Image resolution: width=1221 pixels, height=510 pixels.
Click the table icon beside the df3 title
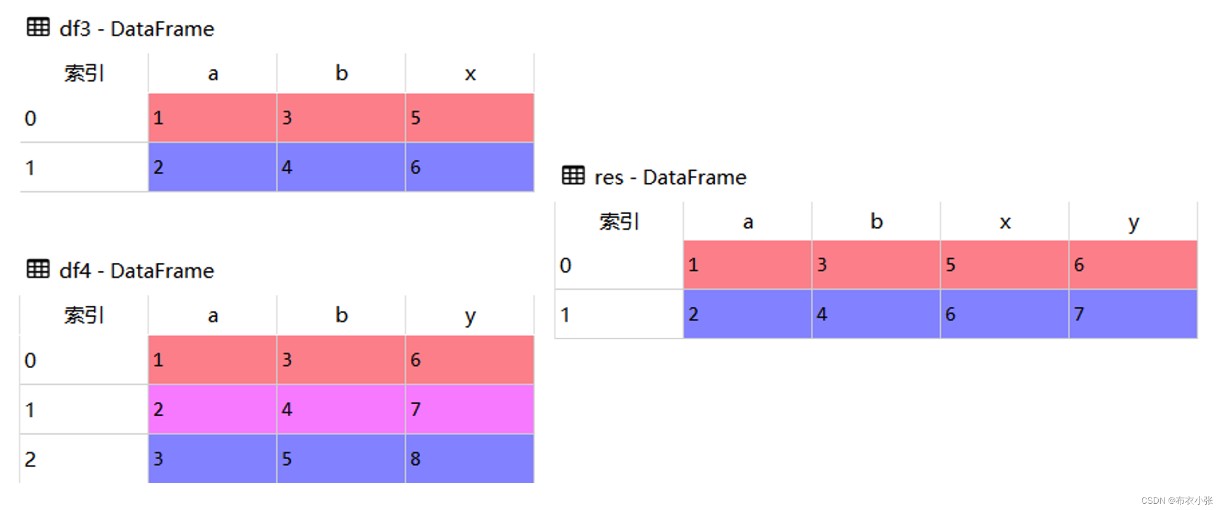[38, 27]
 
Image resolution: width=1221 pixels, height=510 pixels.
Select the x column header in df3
[470, 73]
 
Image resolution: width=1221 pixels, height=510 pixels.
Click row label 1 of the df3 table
[30, 168]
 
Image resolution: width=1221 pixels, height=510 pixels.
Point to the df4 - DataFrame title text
[137, 271]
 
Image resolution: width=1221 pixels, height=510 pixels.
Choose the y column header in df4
[470, 316]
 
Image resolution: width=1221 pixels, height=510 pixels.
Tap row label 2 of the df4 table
[30, 459]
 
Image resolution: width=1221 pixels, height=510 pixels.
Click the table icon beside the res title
[573, 175]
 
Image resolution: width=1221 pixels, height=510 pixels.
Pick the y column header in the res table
[1133, 222]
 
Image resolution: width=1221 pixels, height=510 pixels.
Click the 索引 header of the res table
[619, 222]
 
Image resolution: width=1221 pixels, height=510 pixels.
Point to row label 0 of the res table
[565, 265]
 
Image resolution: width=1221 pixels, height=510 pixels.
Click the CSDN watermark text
[1176, 500]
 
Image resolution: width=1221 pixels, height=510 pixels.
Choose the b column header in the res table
[876, 222]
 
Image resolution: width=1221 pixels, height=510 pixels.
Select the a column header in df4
[213, 316]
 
